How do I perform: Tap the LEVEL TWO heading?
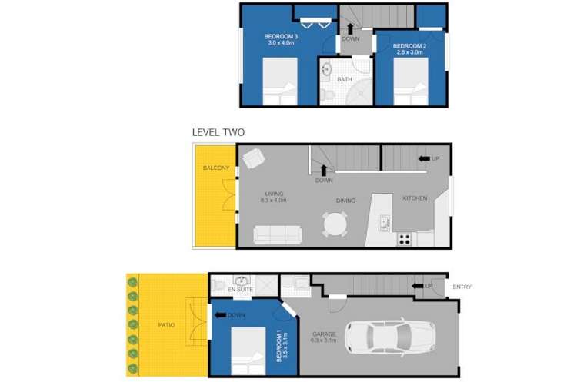[218, 132]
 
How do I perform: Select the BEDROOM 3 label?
[281, 37]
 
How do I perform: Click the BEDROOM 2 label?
[409, 46]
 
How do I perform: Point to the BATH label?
[345, 79]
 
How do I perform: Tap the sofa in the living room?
[278, 234]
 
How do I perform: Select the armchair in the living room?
[253, 159]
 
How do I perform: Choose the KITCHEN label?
[415, 198]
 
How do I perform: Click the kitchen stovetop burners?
[404, 239]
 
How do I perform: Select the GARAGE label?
[322, 334]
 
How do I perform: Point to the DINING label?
[345, 201]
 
